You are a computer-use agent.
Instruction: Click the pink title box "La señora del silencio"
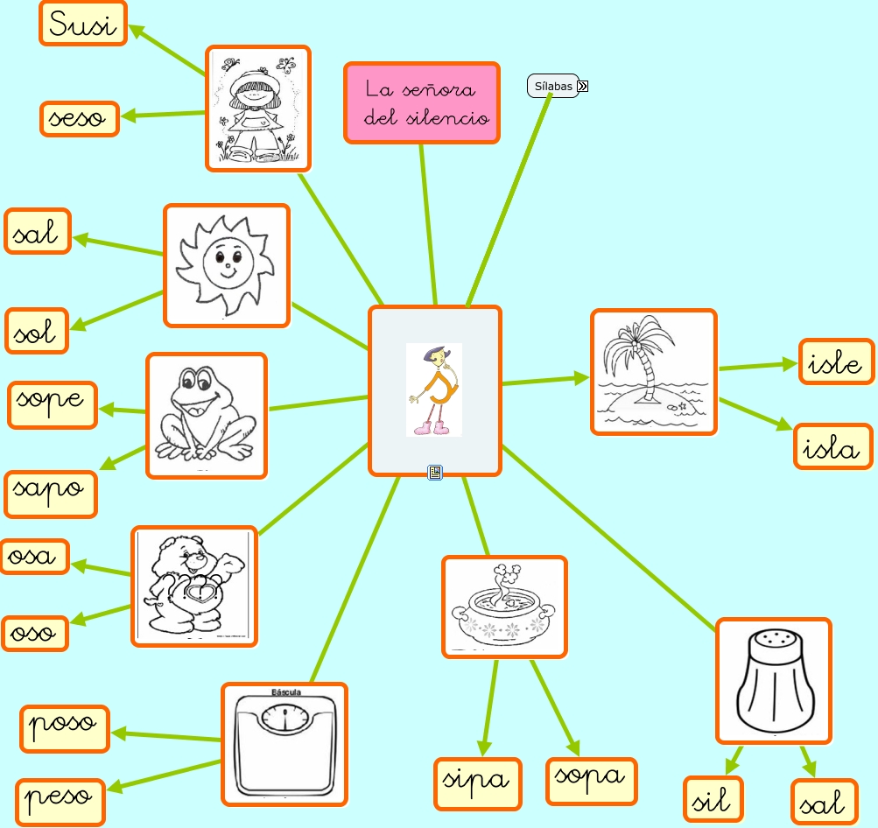(422, 102)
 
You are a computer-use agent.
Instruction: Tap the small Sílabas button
(553, 86)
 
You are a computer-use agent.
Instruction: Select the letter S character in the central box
(434, 389)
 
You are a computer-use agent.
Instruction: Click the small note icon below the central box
(435, 473)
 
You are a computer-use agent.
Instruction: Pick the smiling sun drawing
(227, 265)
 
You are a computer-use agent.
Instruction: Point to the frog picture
(207, 415)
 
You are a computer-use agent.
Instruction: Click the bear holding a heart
(194, 586)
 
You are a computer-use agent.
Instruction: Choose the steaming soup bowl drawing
(504, 607)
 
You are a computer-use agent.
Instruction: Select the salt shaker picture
(773, 679)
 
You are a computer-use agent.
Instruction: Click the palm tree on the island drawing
(654, 371)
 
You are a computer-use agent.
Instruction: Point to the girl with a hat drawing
(259, 109)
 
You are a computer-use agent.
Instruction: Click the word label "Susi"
(83, 24)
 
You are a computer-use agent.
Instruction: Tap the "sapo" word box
(51, 494)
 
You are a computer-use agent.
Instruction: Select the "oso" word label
(35, 632)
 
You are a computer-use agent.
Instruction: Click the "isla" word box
(833, 446)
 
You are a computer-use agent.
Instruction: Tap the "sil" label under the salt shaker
(713, 799)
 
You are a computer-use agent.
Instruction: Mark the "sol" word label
(37, 331)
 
